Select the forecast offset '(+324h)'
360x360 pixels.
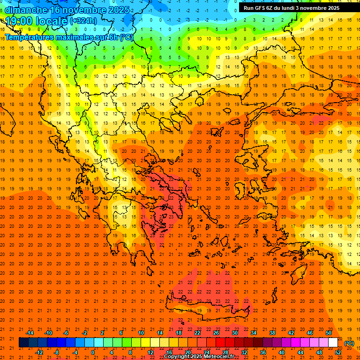(83, 21)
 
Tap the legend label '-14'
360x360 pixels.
(30, 333)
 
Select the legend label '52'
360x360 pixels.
(338, 352)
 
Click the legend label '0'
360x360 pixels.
(93, 352)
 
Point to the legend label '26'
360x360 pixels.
(216, 333)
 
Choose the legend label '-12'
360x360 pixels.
(39, 352)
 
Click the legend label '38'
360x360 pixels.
(272, 333)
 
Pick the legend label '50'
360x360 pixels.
(329, 333)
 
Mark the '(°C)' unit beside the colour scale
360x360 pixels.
(349, 343)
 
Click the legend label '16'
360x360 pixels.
(169, 352)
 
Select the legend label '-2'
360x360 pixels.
(85, 333)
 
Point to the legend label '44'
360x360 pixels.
(300, 352)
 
